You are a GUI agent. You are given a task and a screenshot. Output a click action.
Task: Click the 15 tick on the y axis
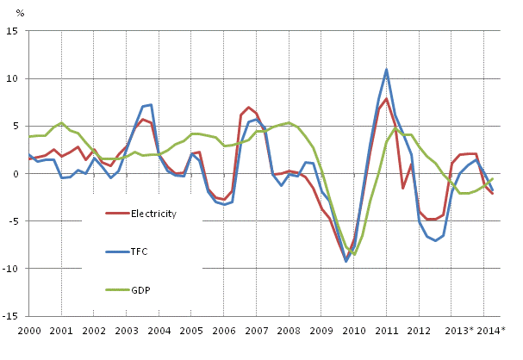coord(15,31)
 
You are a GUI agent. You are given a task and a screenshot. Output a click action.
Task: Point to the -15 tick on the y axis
coord(13,316)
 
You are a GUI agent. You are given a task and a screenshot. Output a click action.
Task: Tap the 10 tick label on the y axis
coord(15,78)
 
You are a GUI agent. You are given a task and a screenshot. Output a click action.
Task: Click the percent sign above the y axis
coord(21,14)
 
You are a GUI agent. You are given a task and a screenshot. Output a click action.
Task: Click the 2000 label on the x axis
coord(29,331)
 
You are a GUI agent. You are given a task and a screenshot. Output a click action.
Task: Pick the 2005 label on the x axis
coord(191,331)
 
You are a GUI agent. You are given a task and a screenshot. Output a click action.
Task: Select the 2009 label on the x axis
coord(321,331)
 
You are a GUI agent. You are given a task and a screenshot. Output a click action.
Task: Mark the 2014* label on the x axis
coord(491,331)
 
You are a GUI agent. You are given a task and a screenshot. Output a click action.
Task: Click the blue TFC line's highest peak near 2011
coord(387,69)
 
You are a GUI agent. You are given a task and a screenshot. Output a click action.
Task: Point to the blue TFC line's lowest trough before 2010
coord(346,261)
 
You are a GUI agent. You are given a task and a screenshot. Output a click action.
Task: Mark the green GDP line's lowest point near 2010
coord(354,255)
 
